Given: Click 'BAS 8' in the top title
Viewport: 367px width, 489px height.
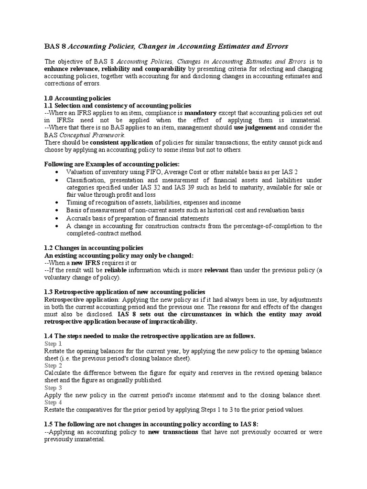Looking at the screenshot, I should pyautogui.click(x=54, y=46).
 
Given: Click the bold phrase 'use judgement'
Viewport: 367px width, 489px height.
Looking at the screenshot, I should pyautogui.click(x=255, y=128).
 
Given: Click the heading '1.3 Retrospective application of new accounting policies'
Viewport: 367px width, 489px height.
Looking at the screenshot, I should pyautogui.click(x=125, y=292).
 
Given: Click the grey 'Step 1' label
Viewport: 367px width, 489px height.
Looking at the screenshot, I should pyautogui.click(x=53, y=344).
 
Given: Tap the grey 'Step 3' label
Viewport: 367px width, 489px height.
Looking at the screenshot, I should pyautogui.click(x=53, y=388).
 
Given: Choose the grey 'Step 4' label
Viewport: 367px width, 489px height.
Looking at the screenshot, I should pyautogui.click(x=53, y=403).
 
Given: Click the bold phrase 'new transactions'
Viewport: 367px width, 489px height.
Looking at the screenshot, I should pyautogui.click(x=173, y=432).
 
